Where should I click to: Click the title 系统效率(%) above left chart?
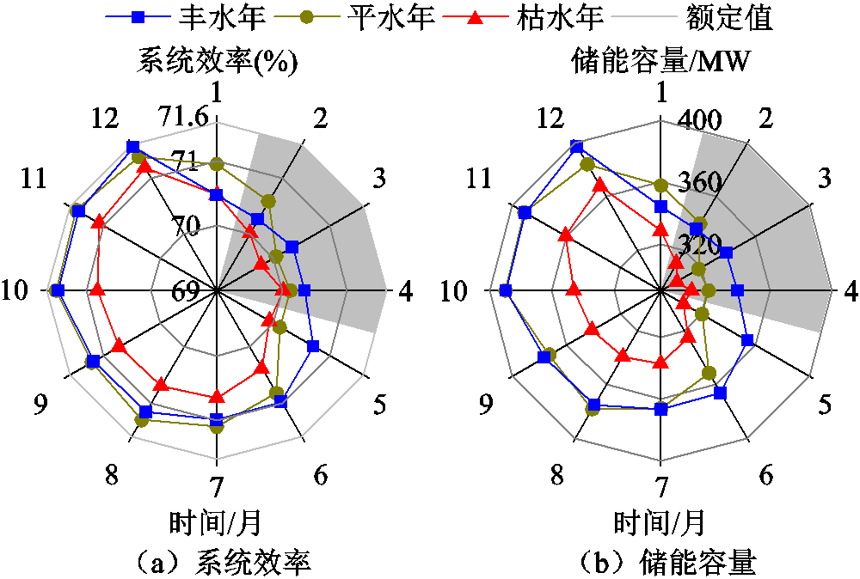[218, 61]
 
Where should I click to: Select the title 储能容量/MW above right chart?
[660, 61]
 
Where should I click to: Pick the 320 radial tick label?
[699, 246]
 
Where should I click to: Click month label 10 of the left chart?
[15, 290]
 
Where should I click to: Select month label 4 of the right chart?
[851, 292]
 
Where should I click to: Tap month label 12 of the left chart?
[105, 118]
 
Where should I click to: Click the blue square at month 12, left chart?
[132, 147]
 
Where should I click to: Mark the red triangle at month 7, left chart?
[218, 395]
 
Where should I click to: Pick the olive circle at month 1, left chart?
[218, 164]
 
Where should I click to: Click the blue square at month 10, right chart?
[506, 290]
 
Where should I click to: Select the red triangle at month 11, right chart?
[566, 235]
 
